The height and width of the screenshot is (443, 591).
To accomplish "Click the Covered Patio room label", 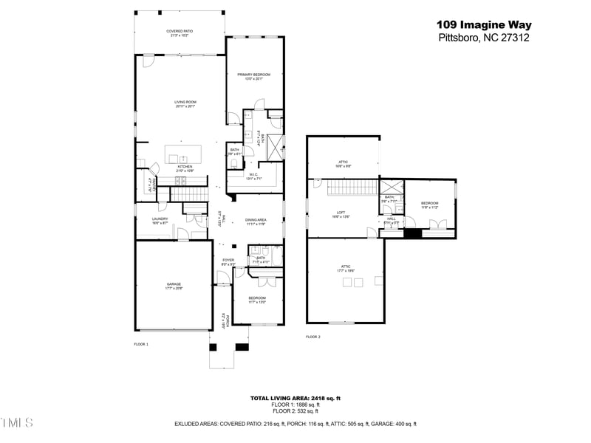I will [180, 32].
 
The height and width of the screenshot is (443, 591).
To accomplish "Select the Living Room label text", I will [185, 103].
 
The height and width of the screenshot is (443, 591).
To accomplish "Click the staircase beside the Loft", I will [347, 190].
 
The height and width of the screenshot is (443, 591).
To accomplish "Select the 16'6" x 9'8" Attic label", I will [343, 163].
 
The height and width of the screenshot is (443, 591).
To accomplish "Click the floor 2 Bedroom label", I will [430, 205].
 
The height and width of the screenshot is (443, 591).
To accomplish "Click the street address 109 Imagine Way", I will [483, 25].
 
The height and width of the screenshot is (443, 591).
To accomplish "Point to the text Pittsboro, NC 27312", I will [483, 38].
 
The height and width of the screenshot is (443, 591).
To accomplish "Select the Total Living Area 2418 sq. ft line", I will [295, 398].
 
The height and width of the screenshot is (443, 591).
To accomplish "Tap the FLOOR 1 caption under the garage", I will [140, 345].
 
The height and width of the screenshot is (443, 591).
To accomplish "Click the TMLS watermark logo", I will [17, 422].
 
